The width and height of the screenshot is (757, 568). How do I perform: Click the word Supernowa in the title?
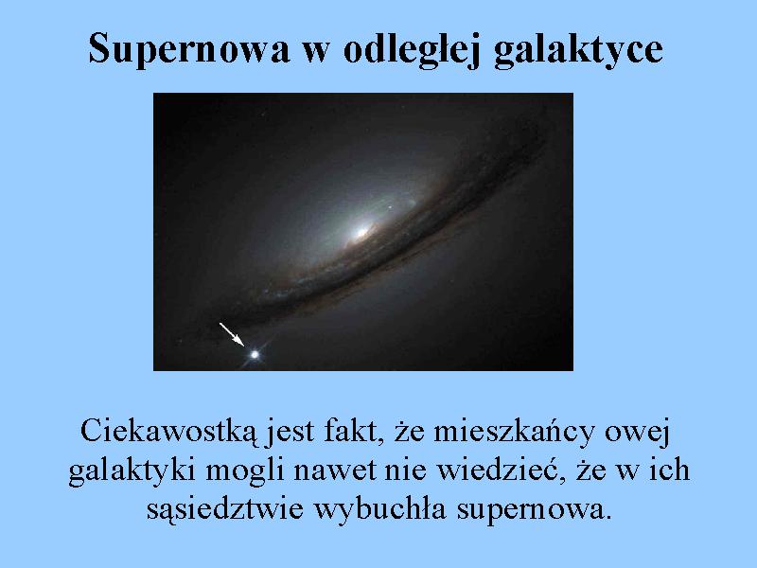click(188, 49)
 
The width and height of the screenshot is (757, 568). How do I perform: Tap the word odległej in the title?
click(412, 49)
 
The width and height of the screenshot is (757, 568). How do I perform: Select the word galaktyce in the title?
click(578, 49)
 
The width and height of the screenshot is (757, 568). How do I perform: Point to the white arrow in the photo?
click(232, 334)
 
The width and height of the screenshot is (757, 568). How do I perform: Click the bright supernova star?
click(255, 355)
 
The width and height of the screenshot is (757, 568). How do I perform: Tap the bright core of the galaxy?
click(361, 233)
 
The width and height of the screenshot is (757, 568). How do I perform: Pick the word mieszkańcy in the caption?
click(514, 432)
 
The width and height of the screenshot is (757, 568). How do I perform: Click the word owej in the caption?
click(637, 433)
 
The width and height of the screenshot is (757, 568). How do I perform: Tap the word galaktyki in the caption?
click(132, 470)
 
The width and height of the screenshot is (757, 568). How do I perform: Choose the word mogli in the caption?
click(245, 470)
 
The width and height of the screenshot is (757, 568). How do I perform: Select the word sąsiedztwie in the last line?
click(225, 509)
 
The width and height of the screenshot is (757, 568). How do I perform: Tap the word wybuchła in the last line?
click(380, 509)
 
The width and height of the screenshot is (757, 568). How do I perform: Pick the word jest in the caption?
click(289, 433)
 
